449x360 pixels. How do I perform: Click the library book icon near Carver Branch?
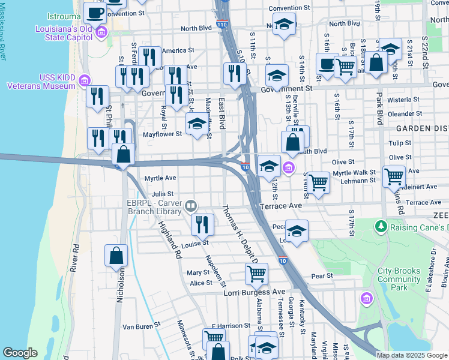pos(191,207)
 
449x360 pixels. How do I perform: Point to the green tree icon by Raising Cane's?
pos(380,227)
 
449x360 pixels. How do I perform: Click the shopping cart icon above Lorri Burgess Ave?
pos(256,274)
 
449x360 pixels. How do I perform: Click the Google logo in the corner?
pos(20,353)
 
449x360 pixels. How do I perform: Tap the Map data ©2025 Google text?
pos(412,355)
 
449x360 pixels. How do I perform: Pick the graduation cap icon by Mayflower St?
pos(196,125)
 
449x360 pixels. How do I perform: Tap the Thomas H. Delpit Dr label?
pos(240,235)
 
